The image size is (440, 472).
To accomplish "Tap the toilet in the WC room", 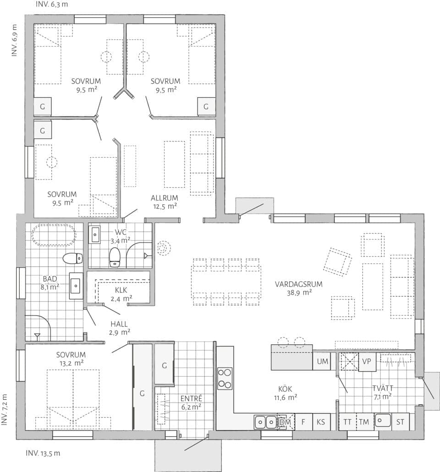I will pos(115,257).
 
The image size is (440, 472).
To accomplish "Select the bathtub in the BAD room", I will pos(53,236).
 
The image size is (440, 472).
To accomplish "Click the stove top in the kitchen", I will pos(225,379).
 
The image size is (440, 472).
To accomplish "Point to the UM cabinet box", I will pos(323,362).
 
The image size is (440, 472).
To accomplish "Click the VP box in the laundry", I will pos(366,361).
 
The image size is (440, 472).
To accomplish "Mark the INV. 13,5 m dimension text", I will pos(43,454).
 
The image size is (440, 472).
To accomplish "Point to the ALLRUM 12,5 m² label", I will pos(164,202).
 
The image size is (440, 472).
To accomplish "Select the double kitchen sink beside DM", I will pos(265,422).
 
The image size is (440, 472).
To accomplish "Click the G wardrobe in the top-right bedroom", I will pos(206,107).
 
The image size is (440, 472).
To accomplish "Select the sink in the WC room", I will pos(95,234).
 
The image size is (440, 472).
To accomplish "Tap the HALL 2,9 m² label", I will pos(119,328).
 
